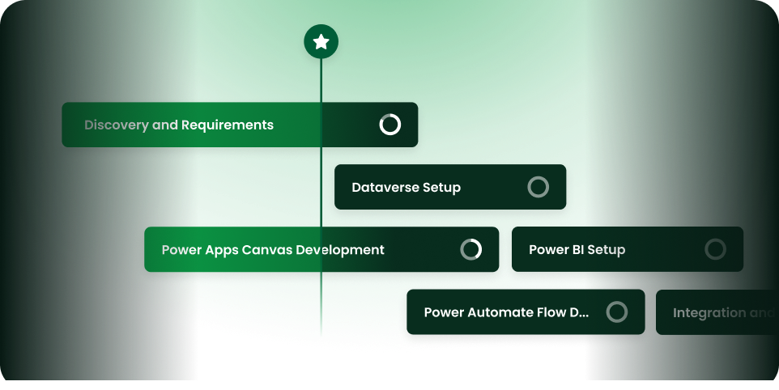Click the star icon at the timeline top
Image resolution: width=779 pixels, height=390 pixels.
[321, 42]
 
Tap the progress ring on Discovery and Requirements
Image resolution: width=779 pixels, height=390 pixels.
[390, 125]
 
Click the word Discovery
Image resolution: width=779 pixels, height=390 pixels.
[116, 125]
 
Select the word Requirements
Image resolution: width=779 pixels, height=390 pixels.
[228, 125]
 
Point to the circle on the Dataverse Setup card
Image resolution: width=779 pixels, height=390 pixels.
[538, 187]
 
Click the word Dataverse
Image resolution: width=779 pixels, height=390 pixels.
[385, 188]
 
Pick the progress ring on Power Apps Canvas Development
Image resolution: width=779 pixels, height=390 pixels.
[471, 249]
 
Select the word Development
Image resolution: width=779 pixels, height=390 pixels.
[340, 250]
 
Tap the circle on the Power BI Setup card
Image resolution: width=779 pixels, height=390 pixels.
[715, 249]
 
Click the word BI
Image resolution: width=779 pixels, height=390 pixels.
[578, 250]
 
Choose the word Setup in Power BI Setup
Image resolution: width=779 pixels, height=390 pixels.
[607, 250]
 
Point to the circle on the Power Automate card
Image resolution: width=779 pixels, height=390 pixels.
[617, 312]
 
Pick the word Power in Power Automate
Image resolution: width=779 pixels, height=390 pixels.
[444, 312]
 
